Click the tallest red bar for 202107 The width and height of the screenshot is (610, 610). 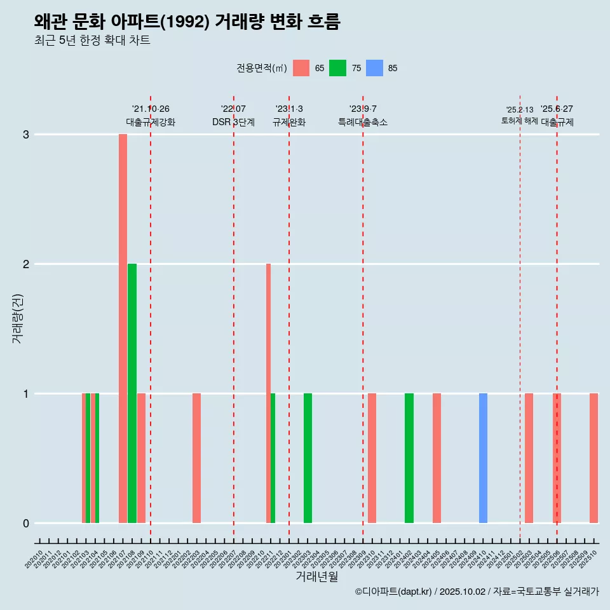(x=123, y=329)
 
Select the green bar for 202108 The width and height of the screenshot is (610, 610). (x=132, y=393)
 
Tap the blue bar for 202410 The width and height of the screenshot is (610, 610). (x=483, y=458)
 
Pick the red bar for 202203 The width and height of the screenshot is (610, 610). (x=196, y=458)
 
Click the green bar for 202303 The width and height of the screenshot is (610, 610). (x=308, y=458)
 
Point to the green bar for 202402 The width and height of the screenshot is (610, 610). (x=409, y=458)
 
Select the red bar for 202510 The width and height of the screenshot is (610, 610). (x=593, y=458)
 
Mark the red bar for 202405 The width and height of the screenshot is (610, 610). (x=437, y=458)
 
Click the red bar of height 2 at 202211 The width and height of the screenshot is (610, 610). (x=268, y=393)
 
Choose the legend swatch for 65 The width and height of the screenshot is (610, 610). (x=301, y=68)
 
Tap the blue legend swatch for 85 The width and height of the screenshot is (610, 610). (x=375, y=68)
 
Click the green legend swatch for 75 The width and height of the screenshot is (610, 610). (x=338, y=68)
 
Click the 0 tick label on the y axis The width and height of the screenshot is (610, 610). (x=26, y=524)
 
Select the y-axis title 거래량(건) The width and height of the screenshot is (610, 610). (x=17, y=318)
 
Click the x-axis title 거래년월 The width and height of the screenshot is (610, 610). (x=316, y=576)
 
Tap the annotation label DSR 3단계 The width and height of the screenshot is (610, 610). (x=233, y=123)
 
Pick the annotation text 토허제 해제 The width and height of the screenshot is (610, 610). (x=519, y=121)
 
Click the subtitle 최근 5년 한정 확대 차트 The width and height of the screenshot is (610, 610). (x=92, y=41)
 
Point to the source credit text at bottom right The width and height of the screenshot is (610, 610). (x=477, y=592)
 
